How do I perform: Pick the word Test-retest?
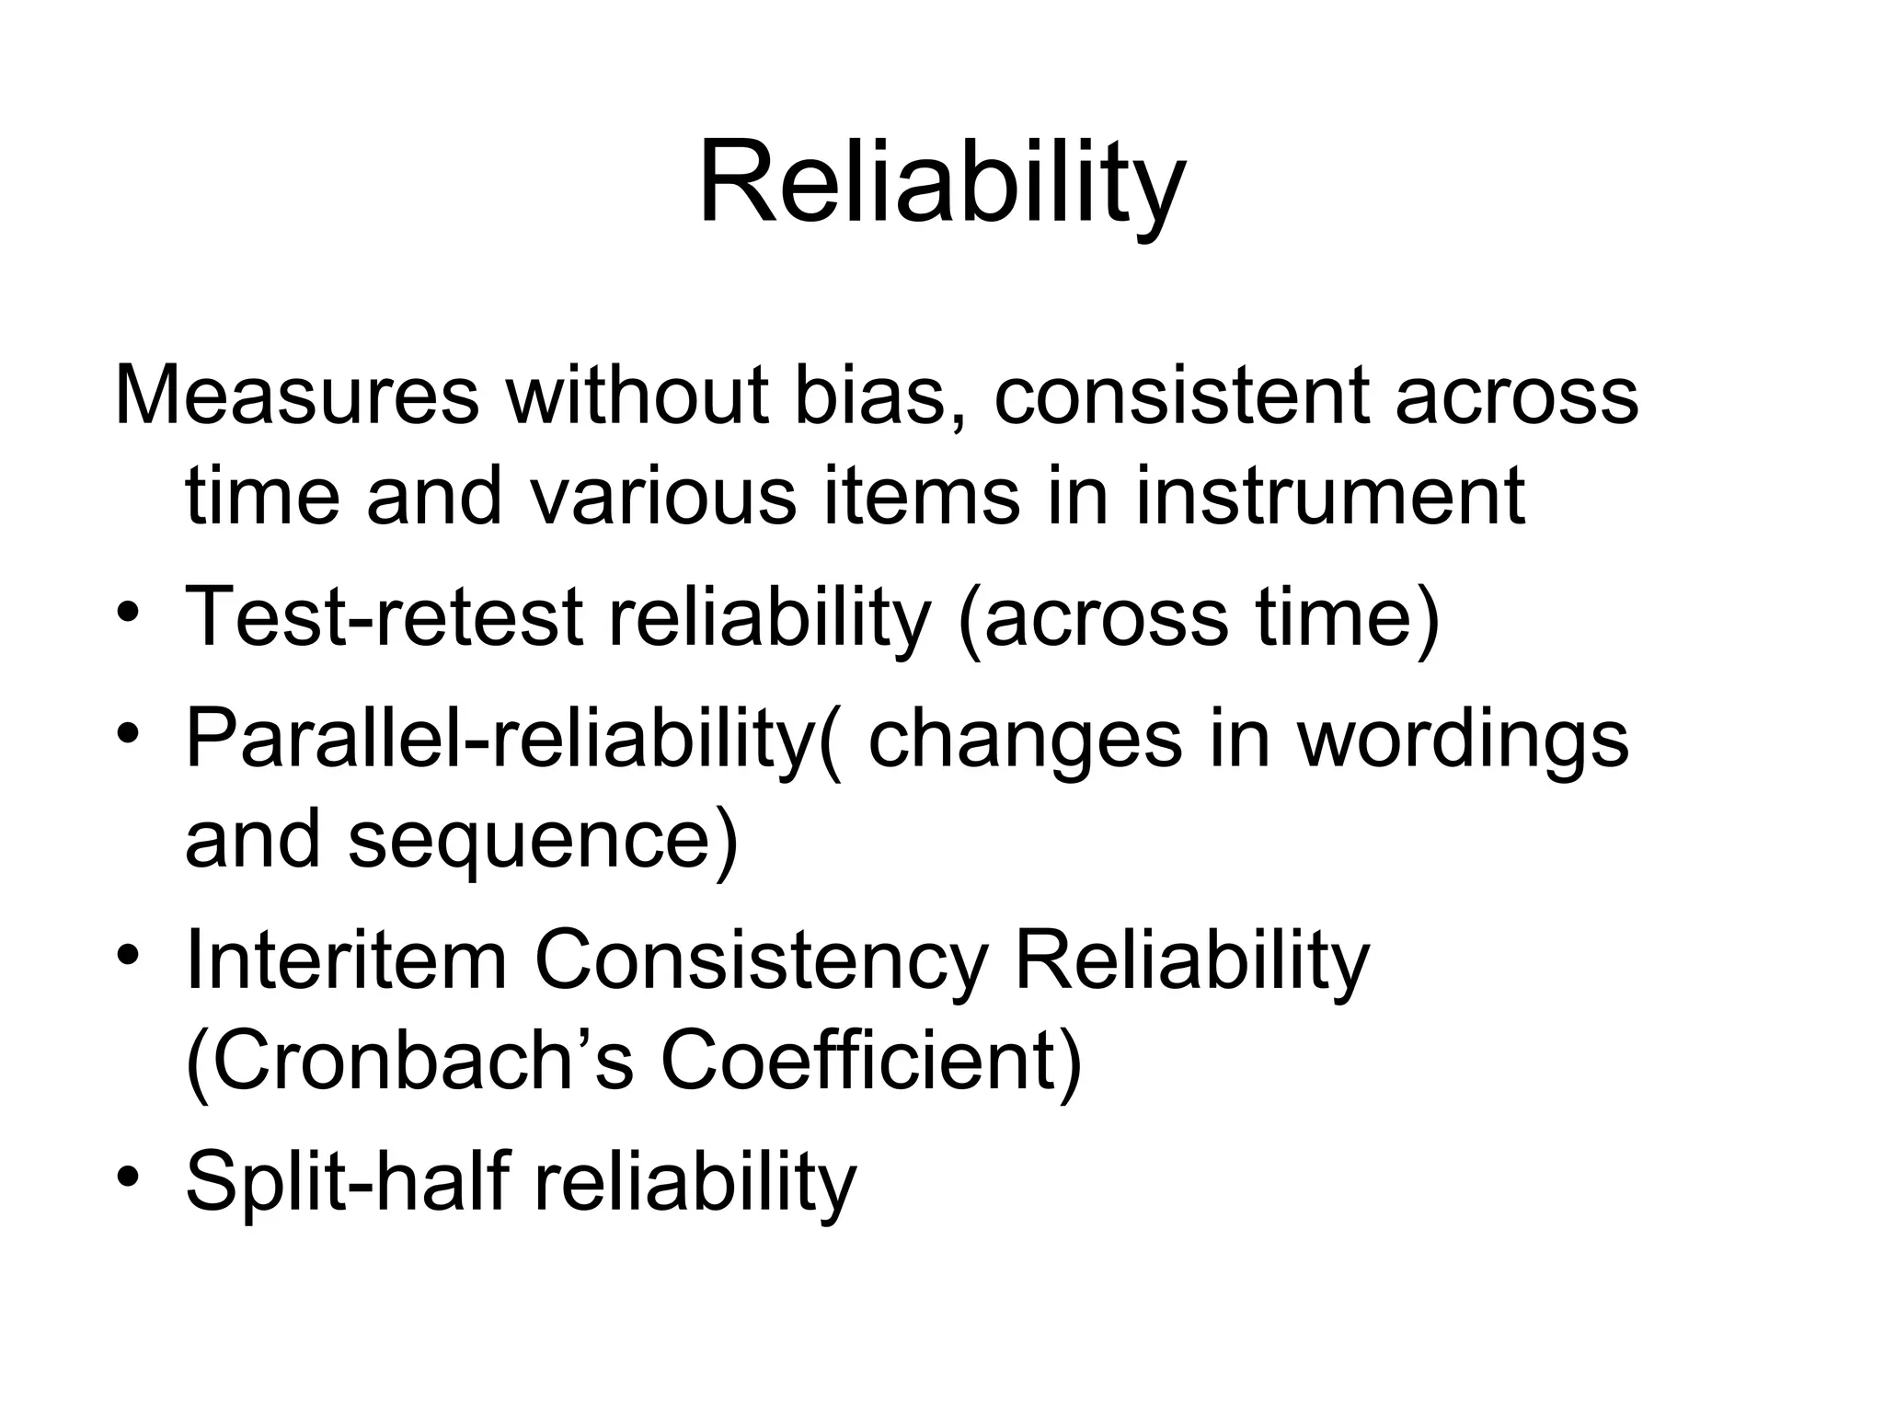point(384,616)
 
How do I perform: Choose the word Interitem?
point(346,960)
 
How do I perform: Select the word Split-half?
point(347,1181)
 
